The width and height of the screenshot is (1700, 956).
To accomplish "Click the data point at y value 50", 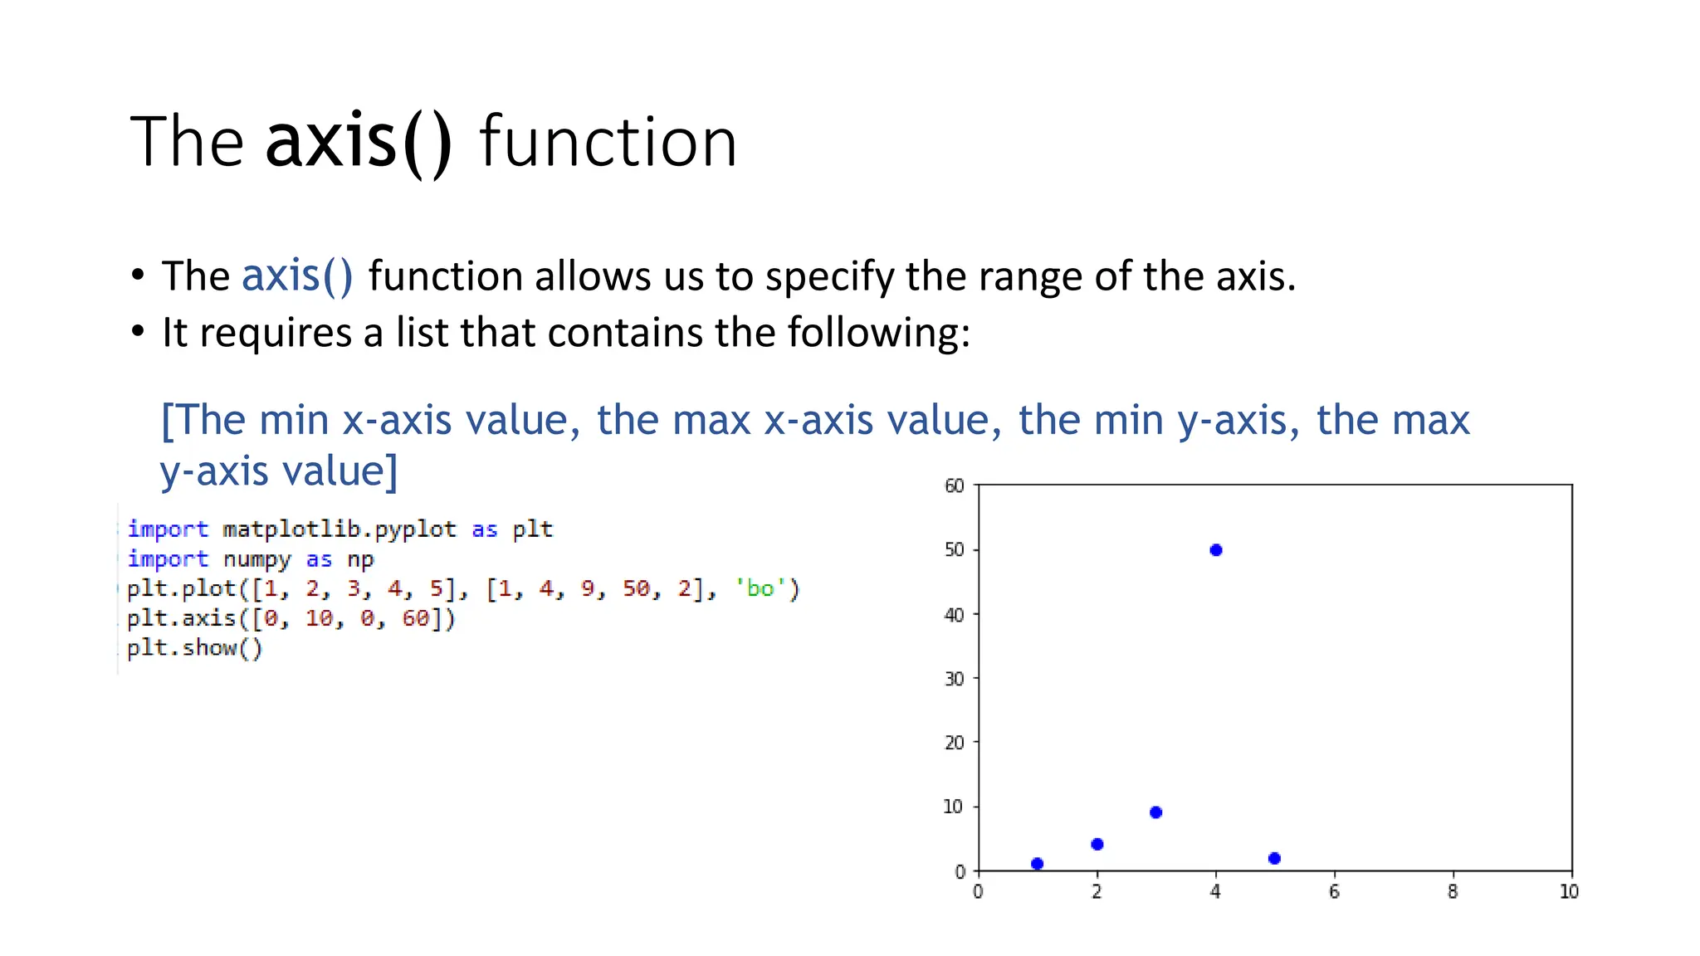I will point(1216,550).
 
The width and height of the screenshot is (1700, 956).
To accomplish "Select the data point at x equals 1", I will point(1037,864).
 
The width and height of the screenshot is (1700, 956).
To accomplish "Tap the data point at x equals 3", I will point(1155,812).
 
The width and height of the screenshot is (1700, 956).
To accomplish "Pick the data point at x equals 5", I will point(1274,858).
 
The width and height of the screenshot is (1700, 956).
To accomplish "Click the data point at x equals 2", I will point(1097,844).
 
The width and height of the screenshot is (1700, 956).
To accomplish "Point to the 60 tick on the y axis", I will point(955,485).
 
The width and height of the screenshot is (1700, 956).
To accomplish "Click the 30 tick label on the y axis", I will point(955,679).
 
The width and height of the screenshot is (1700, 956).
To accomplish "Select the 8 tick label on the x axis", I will point(1453,892).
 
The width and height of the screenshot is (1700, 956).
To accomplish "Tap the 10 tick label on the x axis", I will point(1569,892).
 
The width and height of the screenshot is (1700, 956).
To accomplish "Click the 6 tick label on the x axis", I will point(1334,892).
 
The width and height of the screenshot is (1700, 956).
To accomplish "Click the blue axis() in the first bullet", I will point(297,276).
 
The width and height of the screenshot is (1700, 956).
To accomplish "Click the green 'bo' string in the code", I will point(760,588).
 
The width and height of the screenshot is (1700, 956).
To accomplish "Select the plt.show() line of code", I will point(194,648).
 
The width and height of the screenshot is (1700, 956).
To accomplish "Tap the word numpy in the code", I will point(256,559).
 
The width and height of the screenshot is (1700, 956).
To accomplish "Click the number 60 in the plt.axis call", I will point(416,618).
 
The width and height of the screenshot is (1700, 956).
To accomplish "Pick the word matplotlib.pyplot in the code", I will point(340,529).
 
